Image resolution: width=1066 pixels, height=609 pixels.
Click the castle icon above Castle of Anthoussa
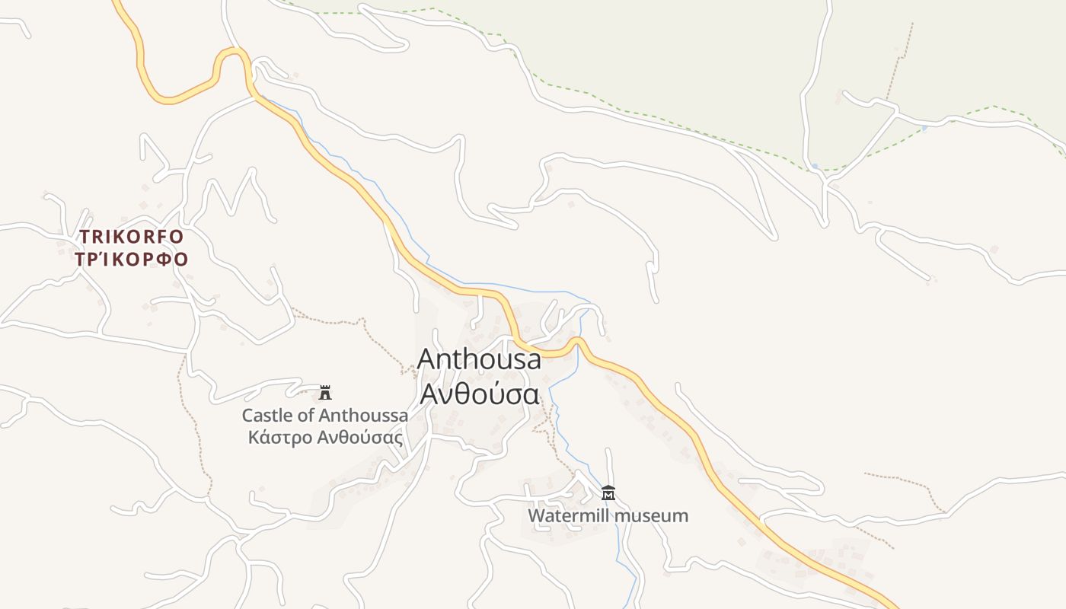(x=326, y=393)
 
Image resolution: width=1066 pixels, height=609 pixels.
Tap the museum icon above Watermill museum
(x=608, y=493)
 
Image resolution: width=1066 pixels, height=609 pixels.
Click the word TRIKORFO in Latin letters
(x=132, y=237)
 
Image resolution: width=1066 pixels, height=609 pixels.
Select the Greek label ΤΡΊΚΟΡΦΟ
(x=132, y=259)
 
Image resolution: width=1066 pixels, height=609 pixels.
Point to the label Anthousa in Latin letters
(x=479, y=359)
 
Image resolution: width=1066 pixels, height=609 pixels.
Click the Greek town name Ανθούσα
(x=480, y=394)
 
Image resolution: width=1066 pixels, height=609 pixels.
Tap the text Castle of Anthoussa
(x=324, y=416)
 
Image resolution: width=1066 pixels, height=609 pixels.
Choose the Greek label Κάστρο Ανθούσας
(x=325, y=438)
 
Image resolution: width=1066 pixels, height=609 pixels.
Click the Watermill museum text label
(x=608, y=516)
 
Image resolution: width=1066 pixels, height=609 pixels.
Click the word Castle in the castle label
(x=266, y=416)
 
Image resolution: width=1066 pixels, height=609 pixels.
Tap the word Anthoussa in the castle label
(x=363, y=416)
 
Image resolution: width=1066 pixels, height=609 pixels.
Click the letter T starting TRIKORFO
(x=85, y=237)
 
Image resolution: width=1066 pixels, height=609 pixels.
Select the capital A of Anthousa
(x=429, y=359)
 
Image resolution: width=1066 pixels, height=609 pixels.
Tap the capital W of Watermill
(x=537, y=516)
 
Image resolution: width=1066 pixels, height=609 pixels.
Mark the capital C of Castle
(x=247, y=416)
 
